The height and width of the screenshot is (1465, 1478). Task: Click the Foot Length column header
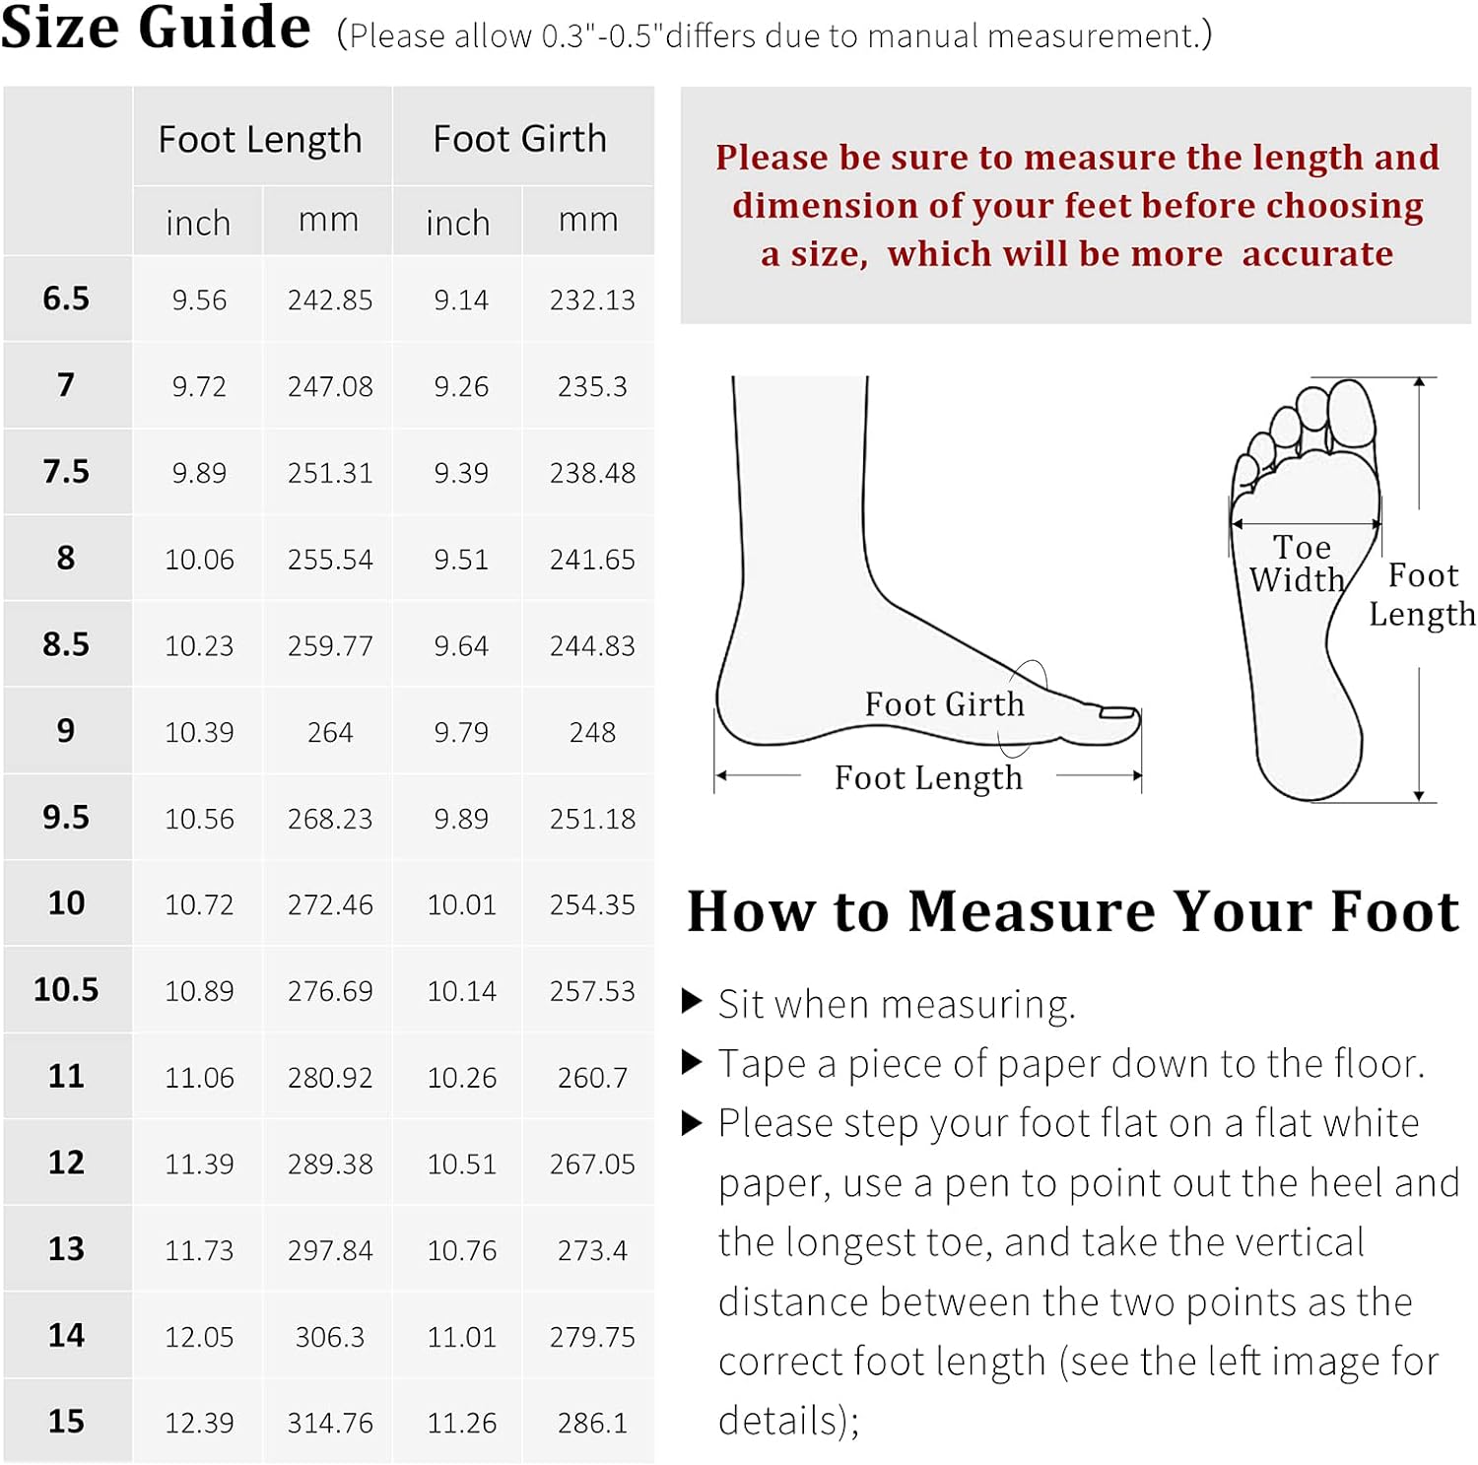pyautogui.click(x=260, y=140)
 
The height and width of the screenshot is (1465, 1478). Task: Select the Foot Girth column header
pyautogui.click(x=520, y=139)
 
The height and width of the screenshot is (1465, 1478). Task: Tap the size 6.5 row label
pyautogui.click(x=66, y=299)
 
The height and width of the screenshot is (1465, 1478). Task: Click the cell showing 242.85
pyautogui.click(x=330, y=300)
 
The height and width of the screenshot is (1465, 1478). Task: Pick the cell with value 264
pyautogui.click(x=330, y=732)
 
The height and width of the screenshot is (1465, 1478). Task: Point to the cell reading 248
pyautogui.click(x=592, y=732)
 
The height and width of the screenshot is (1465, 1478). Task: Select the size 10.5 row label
pyautogui.click(x=66, y=989)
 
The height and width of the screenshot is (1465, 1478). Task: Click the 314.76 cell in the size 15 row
pyautogui.click(x=330, y=1423)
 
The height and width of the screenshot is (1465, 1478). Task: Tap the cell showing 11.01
pyautogui.click(x=461, y=1337)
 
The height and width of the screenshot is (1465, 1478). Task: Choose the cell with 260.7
pyautogui.click(x=592, y=1078)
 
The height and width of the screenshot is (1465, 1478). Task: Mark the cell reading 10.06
pyautogui.click(x=199, y=560)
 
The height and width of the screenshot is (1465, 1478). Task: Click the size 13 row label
pyautogui.click(x=66, y=1249)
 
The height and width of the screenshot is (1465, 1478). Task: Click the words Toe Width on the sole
pyautogui.click(x=1299, y=564)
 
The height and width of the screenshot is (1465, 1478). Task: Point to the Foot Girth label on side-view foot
pyautogui.click(x=945, y=704)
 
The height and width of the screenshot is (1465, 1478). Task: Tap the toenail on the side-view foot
pyautogui.click(x=1117, y=711)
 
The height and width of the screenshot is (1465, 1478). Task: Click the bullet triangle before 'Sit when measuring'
pyautogui.click(x=692, y=1002)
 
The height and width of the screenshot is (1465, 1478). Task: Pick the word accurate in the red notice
pyautogui.click(x=1317, y=254)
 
